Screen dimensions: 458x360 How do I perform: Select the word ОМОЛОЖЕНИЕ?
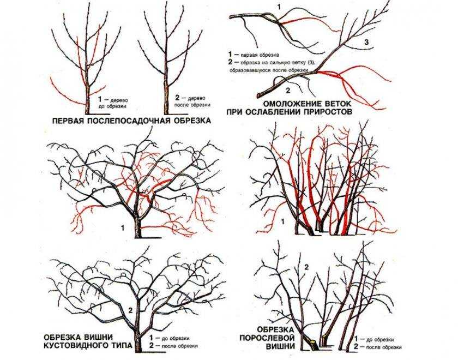point(294,104)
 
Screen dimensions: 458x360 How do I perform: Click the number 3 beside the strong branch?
point(367,42)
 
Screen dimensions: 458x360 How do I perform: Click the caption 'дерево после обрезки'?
point(193,101)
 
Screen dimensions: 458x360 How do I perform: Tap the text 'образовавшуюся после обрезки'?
point(269,70)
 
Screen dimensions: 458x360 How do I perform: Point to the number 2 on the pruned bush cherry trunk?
point(130,310)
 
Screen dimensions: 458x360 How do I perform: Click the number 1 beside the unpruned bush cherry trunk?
point(123,227)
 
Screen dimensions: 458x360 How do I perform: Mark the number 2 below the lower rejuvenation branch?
point(288,91)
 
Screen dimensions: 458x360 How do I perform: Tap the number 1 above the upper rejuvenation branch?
point(279,7)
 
